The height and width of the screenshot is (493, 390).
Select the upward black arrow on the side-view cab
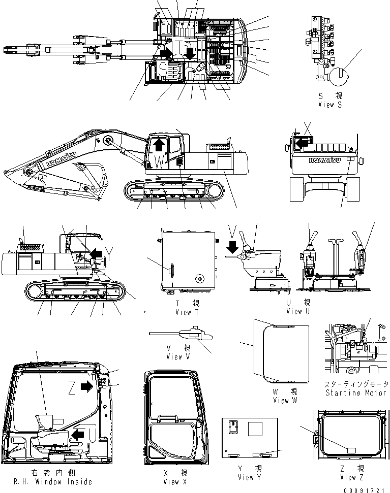coord(159,145)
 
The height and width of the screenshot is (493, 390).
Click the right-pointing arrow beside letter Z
coord(87,387)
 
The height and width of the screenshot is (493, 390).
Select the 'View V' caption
coord(178,356)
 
